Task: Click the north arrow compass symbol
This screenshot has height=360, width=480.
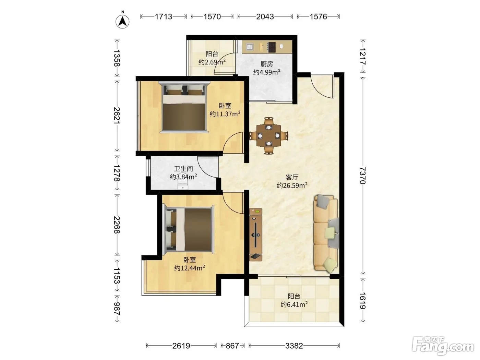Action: tap(122, 21)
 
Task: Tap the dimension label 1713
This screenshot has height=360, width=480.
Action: tap(164, 16)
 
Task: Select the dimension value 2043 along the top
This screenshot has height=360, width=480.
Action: tap(265, 16)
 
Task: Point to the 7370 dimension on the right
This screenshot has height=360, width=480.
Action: tap(363, 175)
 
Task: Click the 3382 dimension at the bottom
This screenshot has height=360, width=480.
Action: tap(294, 346)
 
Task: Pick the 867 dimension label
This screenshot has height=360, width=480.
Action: tap(232, 346)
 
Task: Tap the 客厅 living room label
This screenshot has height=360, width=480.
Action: tap(292, 177)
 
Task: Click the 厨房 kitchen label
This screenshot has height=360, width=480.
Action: tap(267, 64)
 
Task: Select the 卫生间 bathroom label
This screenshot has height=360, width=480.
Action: tap(183, 169)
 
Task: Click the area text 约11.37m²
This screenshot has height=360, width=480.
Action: tap(225, 114)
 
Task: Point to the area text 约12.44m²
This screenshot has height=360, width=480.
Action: tap(190, 267)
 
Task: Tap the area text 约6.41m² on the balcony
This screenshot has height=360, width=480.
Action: tap(294, 304)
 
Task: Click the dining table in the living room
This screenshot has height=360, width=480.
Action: tap(269, 136)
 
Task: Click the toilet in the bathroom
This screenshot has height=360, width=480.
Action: tap(183, 184)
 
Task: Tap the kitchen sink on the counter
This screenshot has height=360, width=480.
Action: tap(249, 47)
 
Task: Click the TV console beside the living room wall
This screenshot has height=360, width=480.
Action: tap(256, 235)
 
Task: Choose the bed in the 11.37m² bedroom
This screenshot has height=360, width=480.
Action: tap(184, 107)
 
